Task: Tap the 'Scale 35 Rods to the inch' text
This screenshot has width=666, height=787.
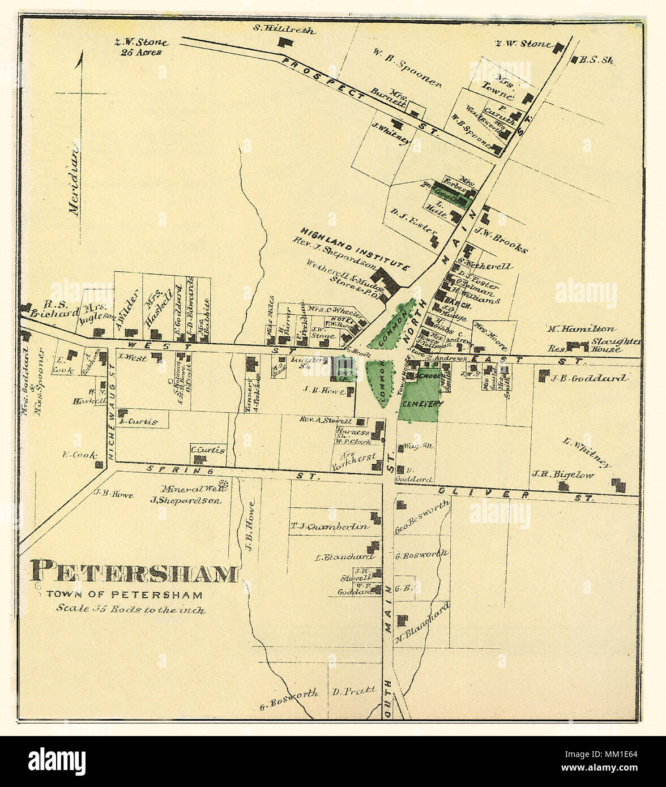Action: click(x=131, y=610)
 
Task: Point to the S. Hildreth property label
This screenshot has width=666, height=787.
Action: click(x=284, y=31)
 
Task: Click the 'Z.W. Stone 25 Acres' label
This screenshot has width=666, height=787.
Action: click(x=136, y=47)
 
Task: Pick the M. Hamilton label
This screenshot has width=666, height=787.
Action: click(x=580, y=328)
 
